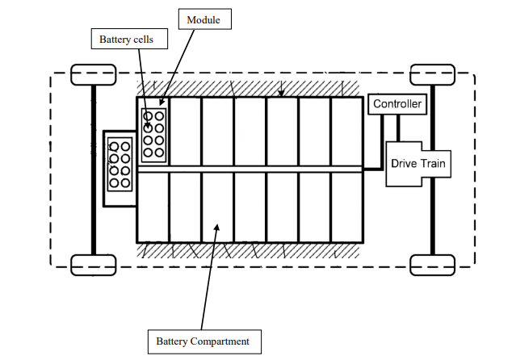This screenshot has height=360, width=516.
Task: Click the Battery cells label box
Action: click(121, 38)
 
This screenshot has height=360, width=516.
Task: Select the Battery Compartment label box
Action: click(203, 341)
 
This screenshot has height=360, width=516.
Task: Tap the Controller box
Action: click(397, 104)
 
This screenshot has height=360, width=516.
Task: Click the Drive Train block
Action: click(417, 164)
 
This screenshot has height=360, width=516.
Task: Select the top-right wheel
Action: click(433, 75)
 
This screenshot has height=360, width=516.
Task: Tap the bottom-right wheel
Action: click(433, 264)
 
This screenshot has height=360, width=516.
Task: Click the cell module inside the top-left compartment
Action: click(153, 135)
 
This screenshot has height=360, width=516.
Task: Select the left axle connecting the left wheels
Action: click(94, 170)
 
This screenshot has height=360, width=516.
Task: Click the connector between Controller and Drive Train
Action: click(397, 128)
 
